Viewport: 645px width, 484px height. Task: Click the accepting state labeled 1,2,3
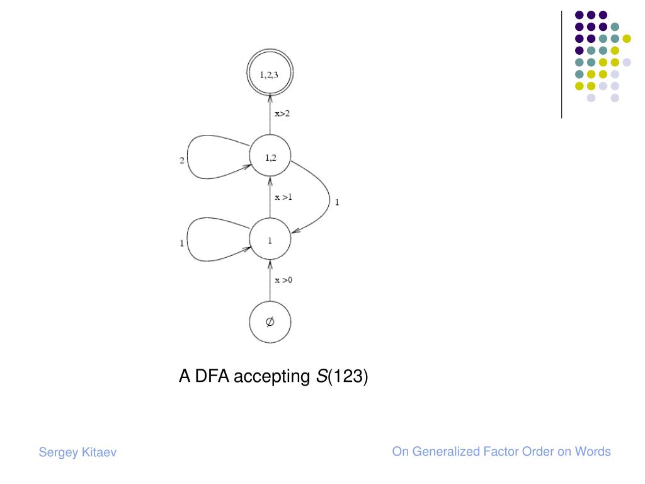(x=270, y=75)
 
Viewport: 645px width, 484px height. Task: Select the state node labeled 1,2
(x=270, y=158)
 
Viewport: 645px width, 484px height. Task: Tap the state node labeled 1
(x=270, y=240)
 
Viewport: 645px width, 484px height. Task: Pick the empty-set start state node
(x=270, y=322)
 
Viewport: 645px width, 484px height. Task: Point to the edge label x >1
(x=284, y=197)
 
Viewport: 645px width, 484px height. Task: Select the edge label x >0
(x=284, y=280)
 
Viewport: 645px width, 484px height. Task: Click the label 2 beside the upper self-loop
(x=182, y=161)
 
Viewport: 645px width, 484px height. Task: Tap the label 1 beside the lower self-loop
(x=182, y=243)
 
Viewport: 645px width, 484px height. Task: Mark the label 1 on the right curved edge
(x=337, y=202)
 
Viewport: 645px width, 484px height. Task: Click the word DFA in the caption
(x=211, y=377)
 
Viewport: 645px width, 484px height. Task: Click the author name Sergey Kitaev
(x=77, y=452)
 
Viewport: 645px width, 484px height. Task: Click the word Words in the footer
(x=593, y=451)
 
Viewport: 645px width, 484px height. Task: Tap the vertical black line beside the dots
(x=562, y=63)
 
